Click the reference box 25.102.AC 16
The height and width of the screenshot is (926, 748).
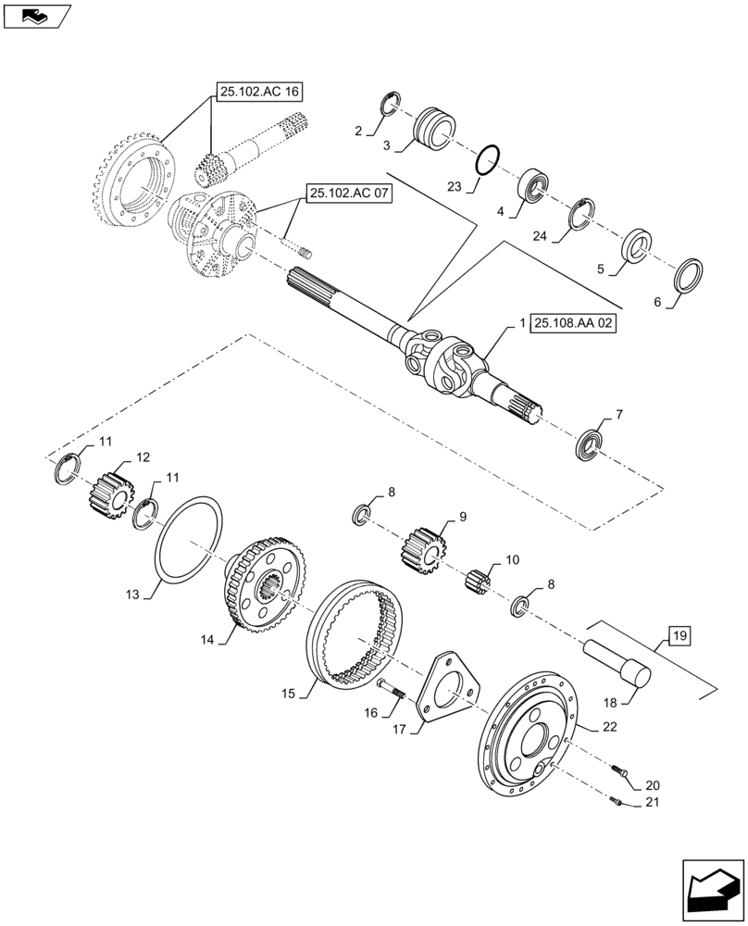259,91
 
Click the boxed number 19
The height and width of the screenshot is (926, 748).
679,636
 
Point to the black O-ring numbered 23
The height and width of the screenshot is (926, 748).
487,160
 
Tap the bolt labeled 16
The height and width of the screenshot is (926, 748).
392,690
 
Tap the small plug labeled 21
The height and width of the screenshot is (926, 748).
617,801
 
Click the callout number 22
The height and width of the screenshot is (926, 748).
607,729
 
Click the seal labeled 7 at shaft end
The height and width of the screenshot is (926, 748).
591,442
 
